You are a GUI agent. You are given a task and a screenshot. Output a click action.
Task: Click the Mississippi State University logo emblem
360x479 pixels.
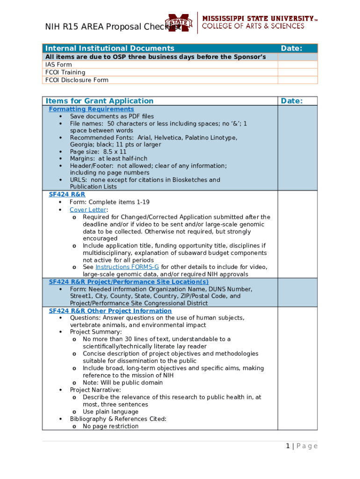(x=180, y=22)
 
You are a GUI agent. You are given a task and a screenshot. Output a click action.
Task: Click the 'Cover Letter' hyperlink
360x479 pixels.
(x=88, y=210)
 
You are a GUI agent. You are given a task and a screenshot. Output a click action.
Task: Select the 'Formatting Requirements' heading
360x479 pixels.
(x=91, y=109)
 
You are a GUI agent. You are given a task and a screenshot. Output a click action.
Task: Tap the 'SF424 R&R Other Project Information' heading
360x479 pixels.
(x=110, y=311)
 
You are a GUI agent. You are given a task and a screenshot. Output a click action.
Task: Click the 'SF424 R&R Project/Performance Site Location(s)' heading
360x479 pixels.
(x=129, y=282)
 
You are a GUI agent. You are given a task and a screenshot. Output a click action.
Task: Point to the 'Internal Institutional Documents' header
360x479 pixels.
(x=109, y=48)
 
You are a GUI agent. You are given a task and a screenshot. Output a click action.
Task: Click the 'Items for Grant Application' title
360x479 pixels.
(x=99, y=101)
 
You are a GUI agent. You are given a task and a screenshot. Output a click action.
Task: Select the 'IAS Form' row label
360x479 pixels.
(x=58, y=65)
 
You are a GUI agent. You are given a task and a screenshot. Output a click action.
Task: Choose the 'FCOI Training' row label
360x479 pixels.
(x=65, y=72)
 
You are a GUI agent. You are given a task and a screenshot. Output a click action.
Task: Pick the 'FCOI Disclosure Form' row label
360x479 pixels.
(x=77, y=80)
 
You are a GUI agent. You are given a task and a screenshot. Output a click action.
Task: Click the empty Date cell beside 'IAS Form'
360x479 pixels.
(x=297, y=65)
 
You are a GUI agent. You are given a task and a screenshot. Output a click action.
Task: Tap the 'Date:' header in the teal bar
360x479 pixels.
(x=291, y=48)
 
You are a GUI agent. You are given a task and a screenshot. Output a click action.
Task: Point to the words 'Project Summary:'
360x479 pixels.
(x=96, y=332)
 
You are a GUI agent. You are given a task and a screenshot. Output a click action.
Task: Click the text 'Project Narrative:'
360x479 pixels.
(x=95, y=390)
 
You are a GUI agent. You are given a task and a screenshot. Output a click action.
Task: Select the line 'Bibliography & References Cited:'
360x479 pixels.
(x=118, y=419)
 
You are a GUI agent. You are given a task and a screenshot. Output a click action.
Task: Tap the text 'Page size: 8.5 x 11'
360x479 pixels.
(x=98, y=152)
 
